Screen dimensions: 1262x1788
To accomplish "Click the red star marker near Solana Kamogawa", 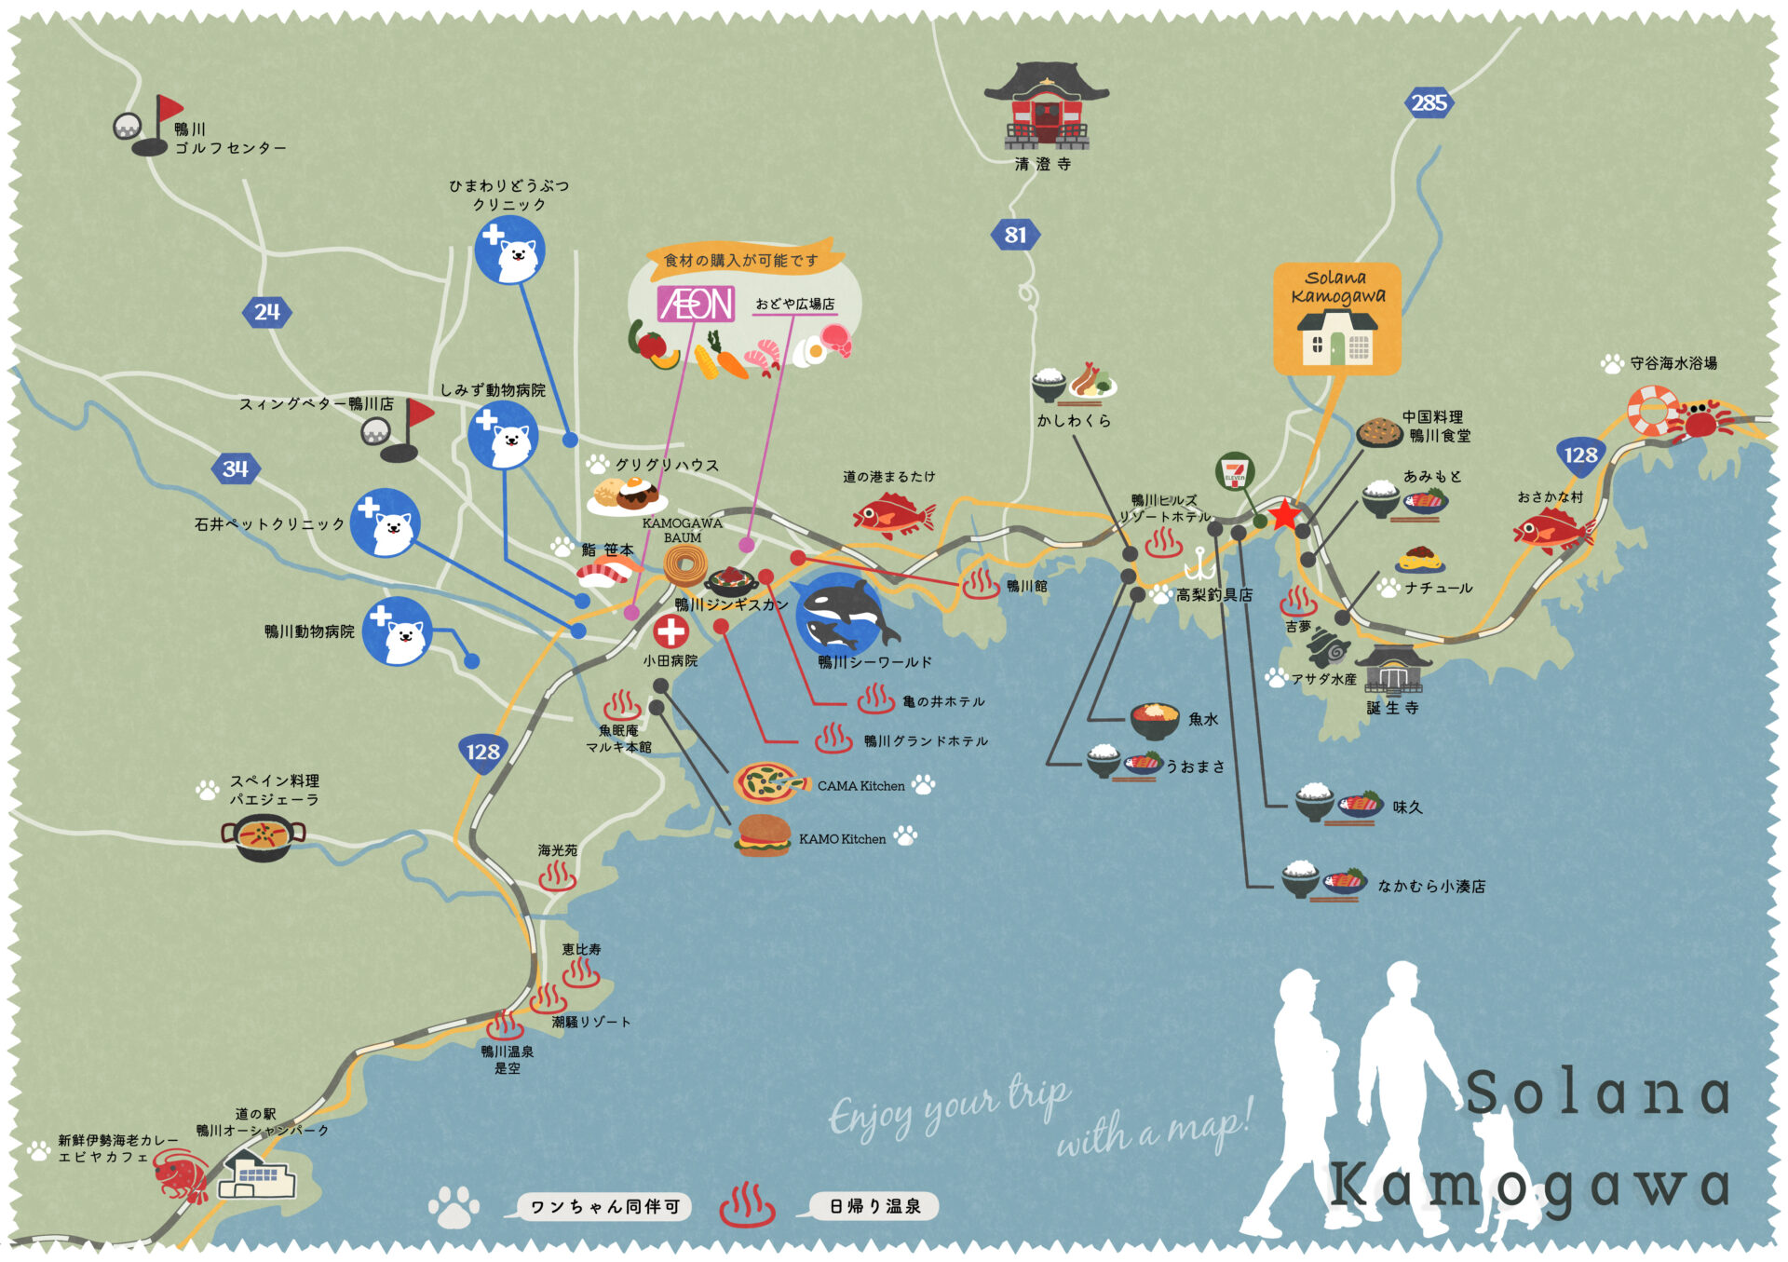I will [1285, 513].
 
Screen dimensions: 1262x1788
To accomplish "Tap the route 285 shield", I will [1429, 102].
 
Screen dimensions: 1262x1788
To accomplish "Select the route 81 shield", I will [1014, 235].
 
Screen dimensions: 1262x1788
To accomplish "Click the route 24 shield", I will [266, 312].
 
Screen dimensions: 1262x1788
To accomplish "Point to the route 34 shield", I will [235, 468].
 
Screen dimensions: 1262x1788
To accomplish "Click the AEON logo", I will [696, 304].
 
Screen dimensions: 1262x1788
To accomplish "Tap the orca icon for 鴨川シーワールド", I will [844, 615].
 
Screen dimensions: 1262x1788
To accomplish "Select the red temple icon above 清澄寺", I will [1046, 107].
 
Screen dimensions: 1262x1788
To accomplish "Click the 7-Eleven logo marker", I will [1235, 472].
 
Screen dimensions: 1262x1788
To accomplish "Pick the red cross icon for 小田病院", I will [670, 631].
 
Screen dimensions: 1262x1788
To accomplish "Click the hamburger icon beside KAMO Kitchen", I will [763, 835].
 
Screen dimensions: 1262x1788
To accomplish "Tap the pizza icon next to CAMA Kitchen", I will [767, 783].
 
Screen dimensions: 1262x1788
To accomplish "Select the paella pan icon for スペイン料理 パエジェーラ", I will [264, 835].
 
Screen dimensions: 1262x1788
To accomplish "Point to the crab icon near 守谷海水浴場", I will [1700, 420].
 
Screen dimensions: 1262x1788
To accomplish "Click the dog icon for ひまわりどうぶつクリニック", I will [509, 251].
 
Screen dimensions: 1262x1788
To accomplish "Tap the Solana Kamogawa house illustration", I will [1336, 337].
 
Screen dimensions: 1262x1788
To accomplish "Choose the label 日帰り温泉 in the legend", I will [874, 1206].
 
